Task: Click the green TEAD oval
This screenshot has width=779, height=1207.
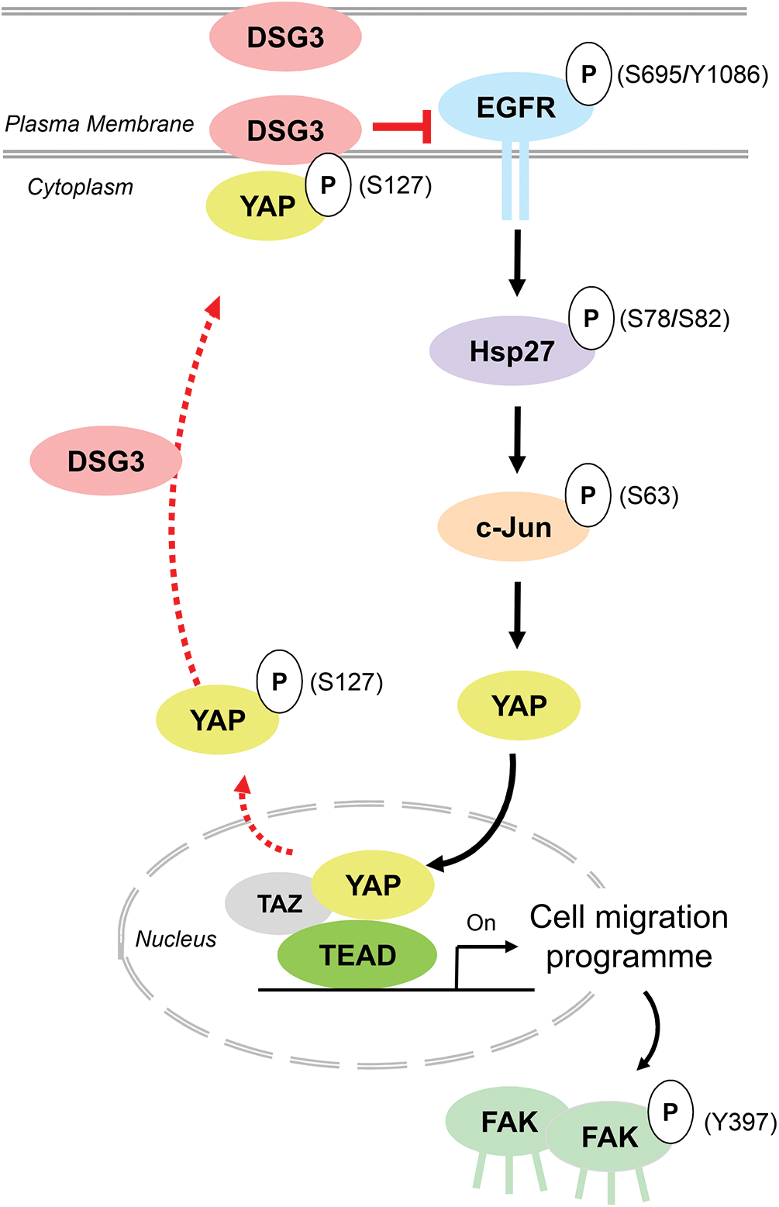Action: coord(357,955)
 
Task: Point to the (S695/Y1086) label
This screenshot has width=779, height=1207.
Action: coord(692,74)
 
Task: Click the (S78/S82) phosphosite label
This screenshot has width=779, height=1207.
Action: coord(674,319)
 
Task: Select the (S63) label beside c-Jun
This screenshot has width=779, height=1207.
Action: coord(649,495)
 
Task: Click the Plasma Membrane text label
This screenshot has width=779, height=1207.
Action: coord(99,124)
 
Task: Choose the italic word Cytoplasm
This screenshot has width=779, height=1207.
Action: coord(81,187)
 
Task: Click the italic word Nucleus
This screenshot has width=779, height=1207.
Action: coord(176,940)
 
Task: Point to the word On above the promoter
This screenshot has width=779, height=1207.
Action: coord(481,922)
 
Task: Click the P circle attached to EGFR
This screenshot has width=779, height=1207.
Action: coord(589,74)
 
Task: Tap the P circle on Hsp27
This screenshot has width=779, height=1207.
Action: coord(591,318)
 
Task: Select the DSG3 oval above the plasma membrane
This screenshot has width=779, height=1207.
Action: coord(285,36)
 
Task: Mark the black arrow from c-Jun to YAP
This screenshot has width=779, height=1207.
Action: coord(517,614)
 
